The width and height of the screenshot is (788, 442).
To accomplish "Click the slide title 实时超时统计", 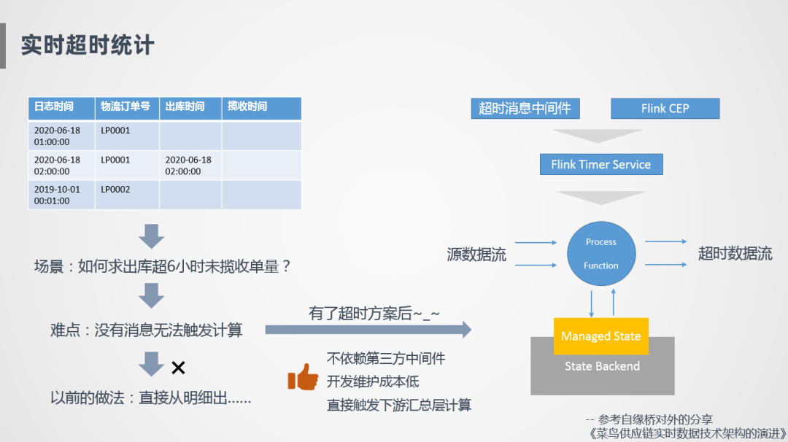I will point(88,44).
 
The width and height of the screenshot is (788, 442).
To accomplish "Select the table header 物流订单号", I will point(125,106).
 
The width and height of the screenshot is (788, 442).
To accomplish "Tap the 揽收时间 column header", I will point(247,106).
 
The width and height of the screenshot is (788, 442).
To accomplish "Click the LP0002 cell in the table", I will point(115,189).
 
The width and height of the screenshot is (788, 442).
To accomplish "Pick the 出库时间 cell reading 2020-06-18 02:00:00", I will point(188,166).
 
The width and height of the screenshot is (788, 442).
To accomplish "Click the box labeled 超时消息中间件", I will point(525,109).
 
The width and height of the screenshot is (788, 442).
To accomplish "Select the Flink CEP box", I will point(665,109).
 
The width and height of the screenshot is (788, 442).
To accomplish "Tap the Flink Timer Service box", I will point(600,164).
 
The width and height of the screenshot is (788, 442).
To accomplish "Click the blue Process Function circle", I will point(600,254).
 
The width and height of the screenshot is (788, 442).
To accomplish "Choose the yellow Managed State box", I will point(600,336).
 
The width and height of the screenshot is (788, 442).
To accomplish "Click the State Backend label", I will point(602,366).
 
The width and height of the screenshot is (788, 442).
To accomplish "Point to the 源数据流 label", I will point(476,255).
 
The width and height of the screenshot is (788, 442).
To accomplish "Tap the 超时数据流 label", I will point(735,254).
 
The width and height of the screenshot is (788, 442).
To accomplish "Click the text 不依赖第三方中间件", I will point(386,358).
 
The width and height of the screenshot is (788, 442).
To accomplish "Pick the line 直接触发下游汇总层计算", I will point(399,405).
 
